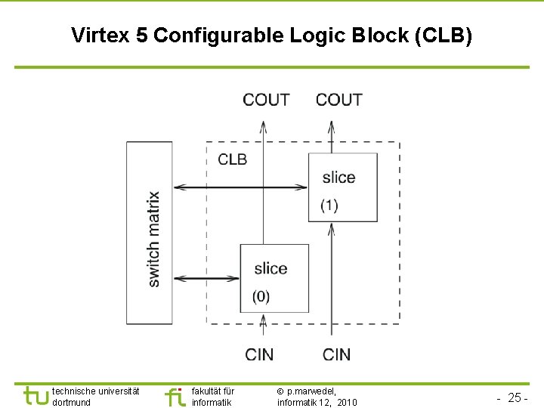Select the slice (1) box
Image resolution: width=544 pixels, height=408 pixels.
pyautogui.click(x=342, y=187)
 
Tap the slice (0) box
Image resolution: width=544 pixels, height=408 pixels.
pyautogui.click(x=274, y=278)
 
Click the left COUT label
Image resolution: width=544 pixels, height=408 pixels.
pyautogui.click(x=266, y=100)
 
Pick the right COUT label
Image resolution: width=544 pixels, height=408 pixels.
pyautogui.click(x=338, y=100)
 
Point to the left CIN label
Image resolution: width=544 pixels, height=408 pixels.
pyautogui.click(x=260, y=354)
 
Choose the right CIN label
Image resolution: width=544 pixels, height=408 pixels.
pyautogui.click(x=336, y=354)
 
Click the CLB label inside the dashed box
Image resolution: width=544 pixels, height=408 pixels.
pyautogui.click(x=232, y=159)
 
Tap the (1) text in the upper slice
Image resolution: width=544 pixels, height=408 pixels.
pyautogui.click(x=329, y=206)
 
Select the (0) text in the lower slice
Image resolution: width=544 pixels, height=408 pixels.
pyautogui.click(x=261, y=297)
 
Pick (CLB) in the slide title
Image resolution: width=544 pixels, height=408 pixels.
pyautogui.click(x=447, y=36)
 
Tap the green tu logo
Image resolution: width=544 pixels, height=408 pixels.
pyautogui.click(x=35, y=396)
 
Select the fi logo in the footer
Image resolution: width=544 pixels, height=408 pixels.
pyautogui.click(x=175, y=396)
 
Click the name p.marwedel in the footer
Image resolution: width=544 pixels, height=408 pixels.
pyautogui.click(x=311, y=391)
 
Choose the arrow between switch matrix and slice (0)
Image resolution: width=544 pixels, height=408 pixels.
pyautogui.click(x=206, y=279)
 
